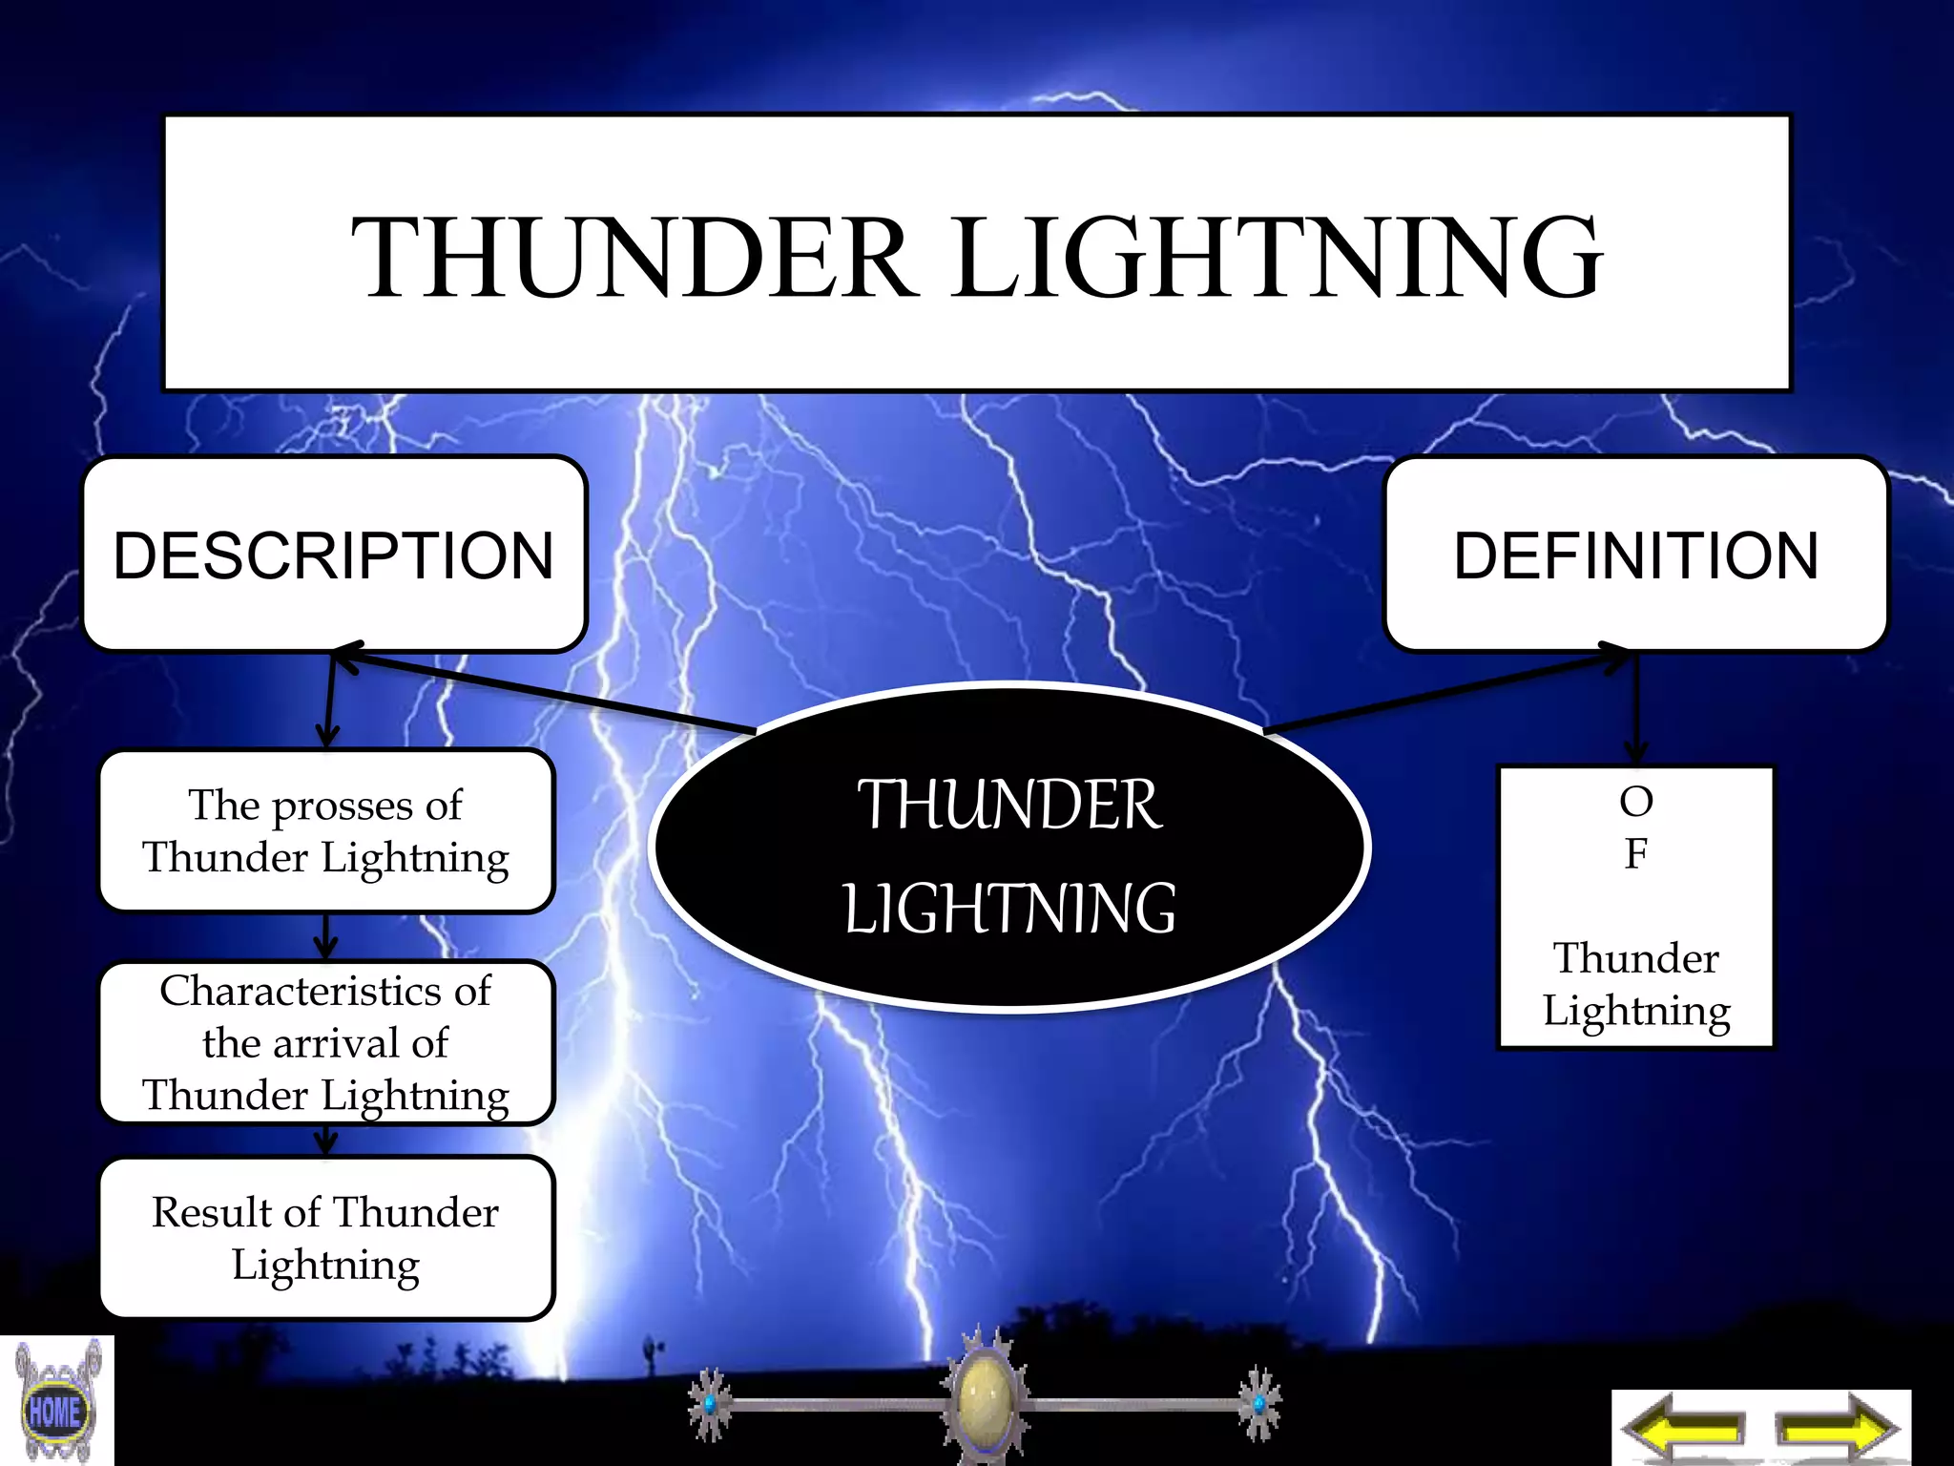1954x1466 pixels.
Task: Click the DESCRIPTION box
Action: pyautogui.click(x=334, y=555)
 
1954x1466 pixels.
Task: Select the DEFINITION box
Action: pyautogui.click(x=1635, y=555)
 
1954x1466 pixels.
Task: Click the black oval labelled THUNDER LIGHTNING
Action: pyautogui.click(x=1009, y=849)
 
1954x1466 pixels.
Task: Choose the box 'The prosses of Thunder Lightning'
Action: pyautogui.click(x=326, y=830)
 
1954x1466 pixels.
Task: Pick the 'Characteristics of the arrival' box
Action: pyautogui.click(x=326, y=1042)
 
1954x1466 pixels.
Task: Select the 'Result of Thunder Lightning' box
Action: pyautogui.click(x=326, y=1238)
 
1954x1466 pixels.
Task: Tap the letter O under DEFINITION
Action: pyautogui.click(x=1635, y=802)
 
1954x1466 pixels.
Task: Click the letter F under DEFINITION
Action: pyautogui.click(x=1635, y=853)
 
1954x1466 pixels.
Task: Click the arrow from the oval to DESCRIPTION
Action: pyautogui.click(x=544, y=692)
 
